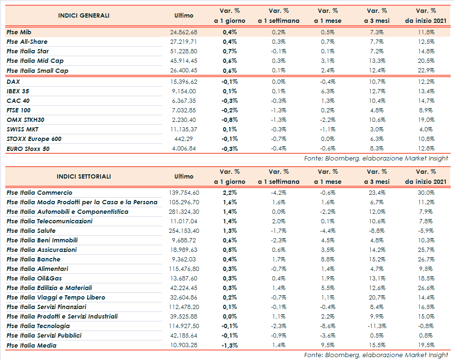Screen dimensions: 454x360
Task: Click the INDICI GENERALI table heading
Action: click(84, 16)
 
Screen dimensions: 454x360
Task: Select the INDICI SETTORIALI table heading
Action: click(84, 177)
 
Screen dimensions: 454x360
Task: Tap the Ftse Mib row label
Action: click(19, 32)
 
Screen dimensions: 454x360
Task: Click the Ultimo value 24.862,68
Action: click(183, 32)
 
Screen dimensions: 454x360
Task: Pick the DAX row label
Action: click(13, 81)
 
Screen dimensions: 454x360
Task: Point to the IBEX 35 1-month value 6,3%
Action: click(327, 91)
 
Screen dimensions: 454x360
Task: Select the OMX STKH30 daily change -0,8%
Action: click(230, 120)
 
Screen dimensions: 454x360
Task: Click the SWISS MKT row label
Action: click(22, 130)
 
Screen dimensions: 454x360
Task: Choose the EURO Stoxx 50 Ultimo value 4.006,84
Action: click(183, 149)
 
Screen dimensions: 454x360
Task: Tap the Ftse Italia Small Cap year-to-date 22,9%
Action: click(426, 70)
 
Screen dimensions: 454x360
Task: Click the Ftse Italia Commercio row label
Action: click(40, 193)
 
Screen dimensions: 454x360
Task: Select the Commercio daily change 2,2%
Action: click(230, 193)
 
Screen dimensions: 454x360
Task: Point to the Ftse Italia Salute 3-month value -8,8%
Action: click(377, 230)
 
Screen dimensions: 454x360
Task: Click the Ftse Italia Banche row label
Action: click(33, 260)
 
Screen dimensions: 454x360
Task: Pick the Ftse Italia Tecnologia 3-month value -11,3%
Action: click(377, 326)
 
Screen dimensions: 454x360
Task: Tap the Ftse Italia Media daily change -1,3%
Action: click(230, 345)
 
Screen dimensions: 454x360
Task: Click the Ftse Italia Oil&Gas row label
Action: click(34, 279)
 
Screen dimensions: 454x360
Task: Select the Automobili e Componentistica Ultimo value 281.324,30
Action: click(183, 211)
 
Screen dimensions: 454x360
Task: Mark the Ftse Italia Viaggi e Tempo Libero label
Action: click(56, 298)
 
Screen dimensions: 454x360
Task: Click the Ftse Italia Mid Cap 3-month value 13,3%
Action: click(377, 61)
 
